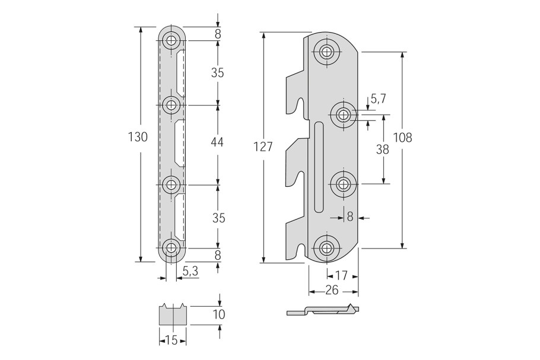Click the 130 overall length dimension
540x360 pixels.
coord(138,137)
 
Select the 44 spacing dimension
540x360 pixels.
coord(217,142)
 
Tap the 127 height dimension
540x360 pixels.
coord(263,146)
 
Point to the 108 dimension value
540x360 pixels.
coord(402,138)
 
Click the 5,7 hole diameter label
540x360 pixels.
coord(378,99)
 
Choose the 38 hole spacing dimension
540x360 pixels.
coord(382,149)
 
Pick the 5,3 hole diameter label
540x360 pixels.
coord(190,272)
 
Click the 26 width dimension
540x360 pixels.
coord(332,291)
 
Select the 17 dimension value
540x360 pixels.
coord(341,275)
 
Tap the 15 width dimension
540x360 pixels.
coord(171,341)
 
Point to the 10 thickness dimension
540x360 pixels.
coord(219,314)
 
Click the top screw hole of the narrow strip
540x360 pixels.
coord(171,40)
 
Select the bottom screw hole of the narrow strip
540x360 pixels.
coord(171,248)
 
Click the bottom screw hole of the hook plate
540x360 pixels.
coord(326,248)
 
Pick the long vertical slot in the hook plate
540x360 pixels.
coord(319,167)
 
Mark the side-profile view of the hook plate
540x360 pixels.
coord(323,310)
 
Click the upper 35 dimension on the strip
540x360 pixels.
coord(217,72)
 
